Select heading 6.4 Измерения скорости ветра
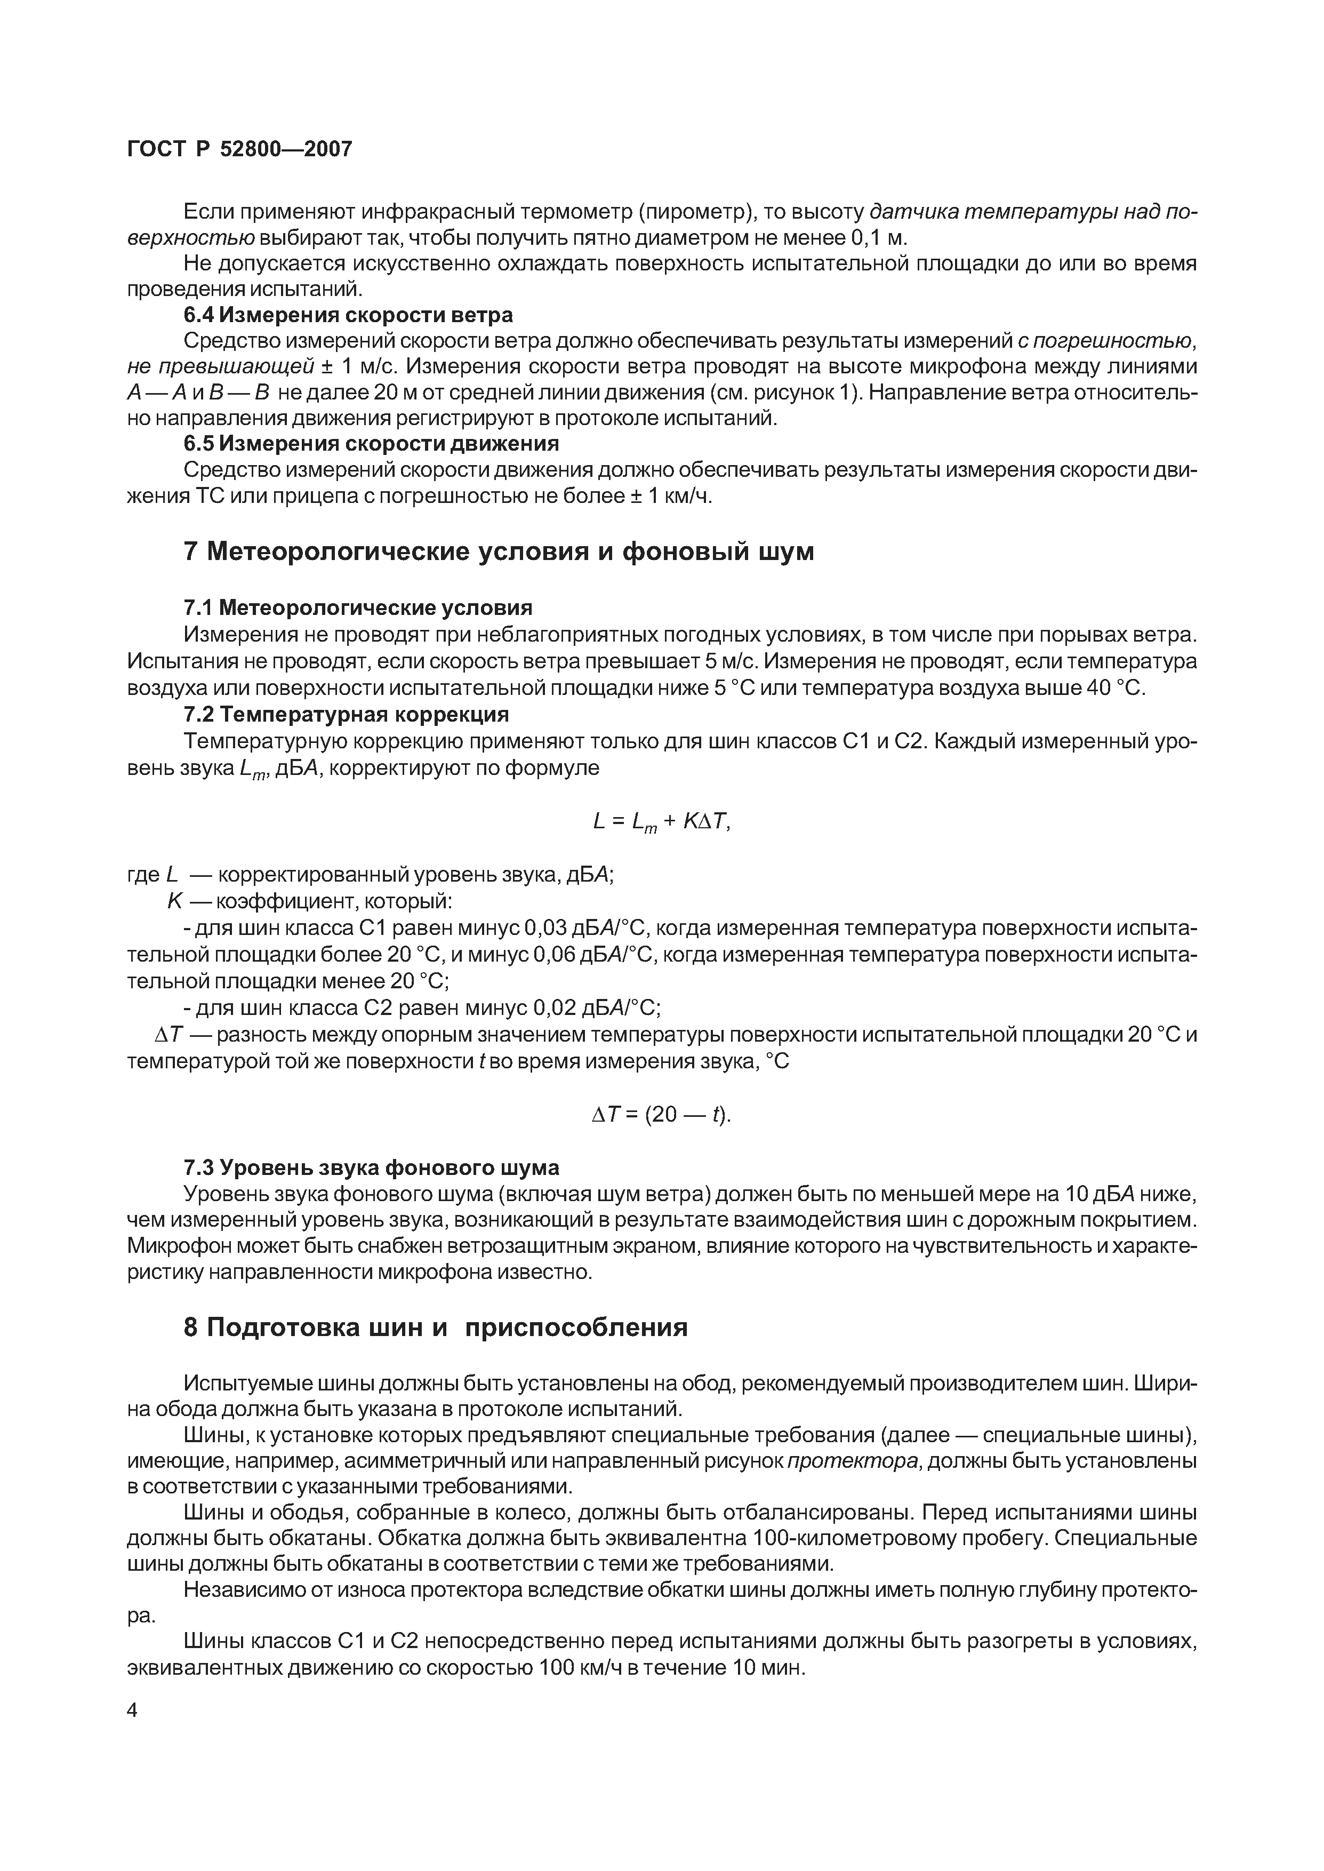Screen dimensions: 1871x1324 point(348,315)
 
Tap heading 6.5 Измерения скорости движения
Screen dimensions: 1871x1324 point(371,444)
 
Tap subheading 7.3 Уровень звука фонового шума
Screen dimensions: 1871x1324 point(371,1168)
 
